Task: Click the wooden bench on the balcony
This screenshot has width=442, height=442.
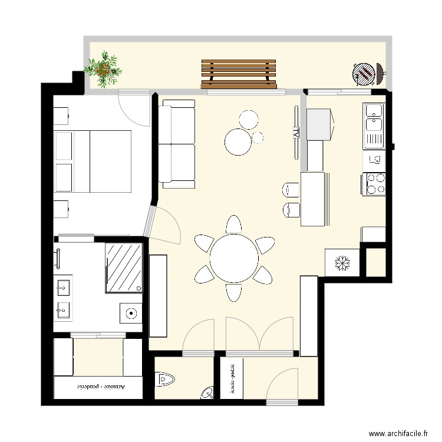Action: tap(239, 74)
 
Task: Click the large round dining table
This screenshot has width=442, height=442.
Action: tap(234, 258)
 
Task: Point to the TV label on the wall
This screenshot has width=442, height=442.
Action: tap(296, 133)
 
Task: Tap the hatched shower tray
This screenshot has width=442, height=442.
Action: tap(124, 267)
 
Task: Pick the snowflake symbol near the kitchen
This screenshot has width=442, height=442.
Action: tap(341, 263)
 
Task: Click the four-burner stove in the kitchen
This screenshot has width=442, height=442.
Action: tap(375, 183)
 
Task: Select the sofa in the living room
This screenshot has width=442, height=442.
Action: tap(177, 144)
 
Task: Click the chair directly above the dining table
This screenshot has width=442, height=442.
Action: tap(234, 226)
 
